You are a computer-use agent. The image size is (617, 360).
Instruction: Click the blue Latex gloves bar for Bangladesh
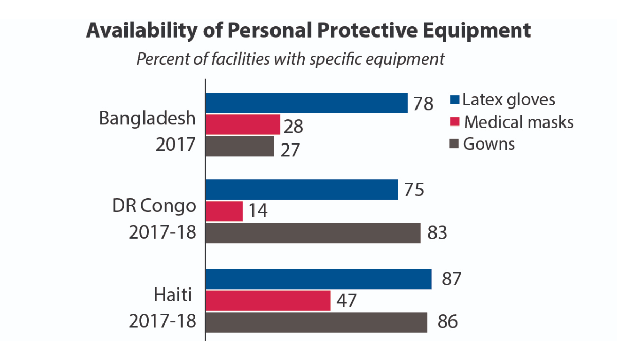click(306, 103)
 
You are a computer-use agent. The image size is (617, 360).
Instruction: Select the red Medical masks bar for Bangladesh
click(243, 124)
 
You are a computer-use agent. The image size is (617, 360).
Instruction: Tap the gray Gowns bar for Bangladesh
click(240, 146)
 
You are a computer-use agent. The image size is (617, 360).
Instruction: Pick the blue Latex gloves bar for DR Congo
click(302, 189)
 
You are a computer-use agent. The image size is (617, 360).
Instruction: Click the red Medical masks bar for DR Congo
click(224, 211)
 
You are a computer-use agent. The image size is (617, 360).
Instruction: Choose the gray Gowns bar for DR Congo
click(313, 232)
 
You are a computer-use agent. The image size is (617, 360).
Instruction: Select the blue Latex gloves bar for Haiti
click(319, 279)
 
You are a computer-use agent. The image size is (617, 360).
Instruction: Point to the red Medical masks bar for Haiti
click(268, 300)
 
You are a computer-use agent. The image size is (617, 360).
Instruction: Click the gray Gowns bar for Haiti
click(316, 322)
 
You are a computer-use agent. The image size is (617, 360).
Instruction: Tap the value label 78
click(423, 104)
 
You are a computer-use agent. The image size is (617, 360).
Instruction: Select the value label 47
click(346, 301)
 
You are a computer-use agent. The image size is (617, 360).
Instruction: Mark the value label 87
click(447, 279)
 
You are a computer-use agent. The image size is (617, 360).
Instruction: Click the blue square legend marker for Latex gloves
click(455, 100)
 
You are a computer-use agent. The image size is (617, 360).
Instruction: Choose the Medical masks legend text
click(519, 122)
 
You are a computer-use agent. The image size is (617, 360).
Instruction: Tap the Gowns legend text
click(489, 144)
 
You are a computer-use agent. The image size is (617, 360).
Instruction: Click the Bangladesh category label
click(148, 118)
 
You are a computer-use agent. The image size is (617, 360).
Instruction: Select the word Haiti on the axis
click(173, 296)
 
